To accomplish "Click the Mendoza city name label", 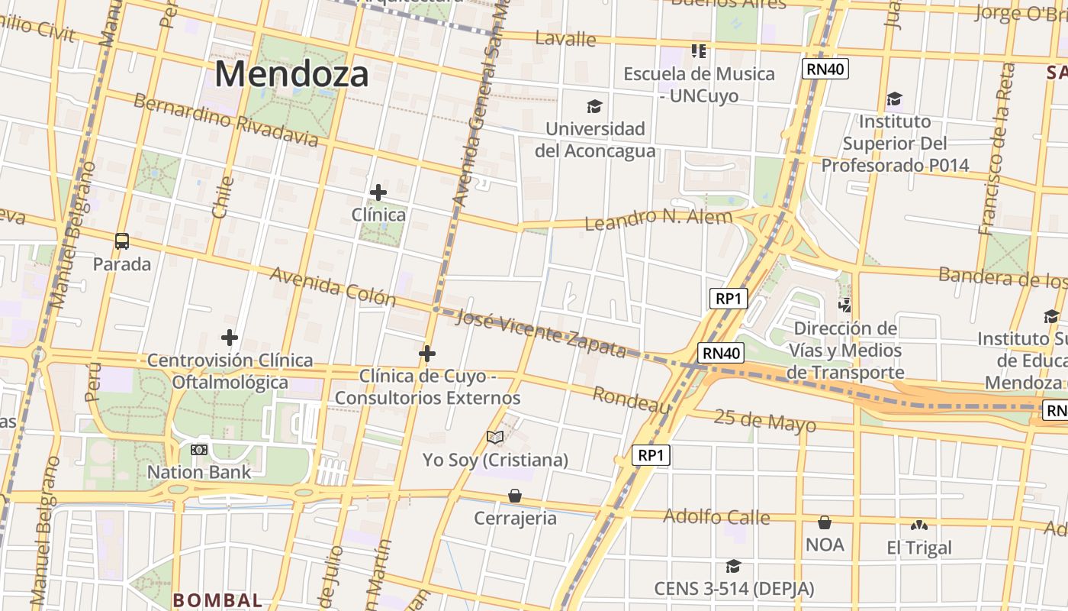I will (291, 75).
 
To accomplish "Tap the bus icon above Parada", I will (122, 241).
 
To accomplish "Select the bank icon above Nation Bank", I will (199, 450).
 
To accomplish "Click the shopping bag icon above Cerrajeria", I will (515, 496).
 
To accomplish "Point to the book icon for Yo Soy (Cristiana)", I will (495, 437).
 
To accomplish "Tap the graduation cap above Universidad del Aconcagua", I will (594, 106).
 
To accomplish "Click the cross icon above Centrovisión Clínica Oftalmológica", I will (230, 337).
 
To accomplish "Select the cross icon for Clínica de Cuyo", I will (427, 353).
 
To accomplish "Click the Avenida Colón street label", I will (333, 286).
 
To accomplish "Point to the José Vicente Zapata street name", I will (540, 334).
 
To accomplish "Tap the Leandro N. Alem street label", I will (658, 219).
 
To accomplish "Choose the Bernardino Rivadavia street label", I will (226, 120).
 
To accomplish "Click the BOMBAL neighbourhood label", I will (217, 600).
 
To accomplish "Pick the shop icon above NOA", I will (825, 522).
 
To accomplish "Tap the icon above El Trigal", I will (919, 525).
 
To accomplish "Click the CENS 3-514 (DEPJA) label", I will (734, 589).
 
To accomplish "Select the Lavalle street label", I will (565, 38).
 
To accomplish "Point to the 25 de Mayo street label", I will (765, 421).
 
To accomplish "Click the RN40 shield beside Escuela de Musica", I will (825, 70).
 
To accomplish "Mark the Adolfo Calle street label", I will (716, 517).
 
